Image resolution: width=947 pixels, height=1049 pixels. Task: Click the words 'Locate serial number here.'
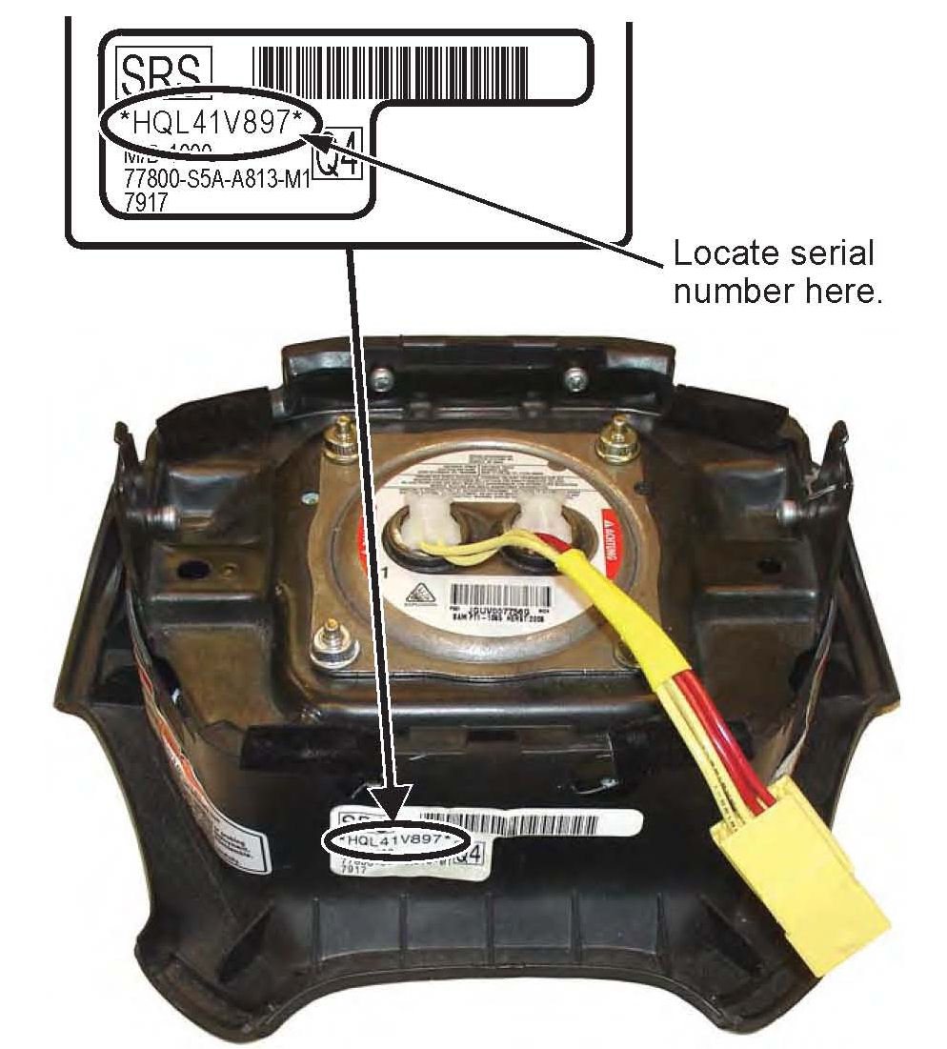773,272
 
